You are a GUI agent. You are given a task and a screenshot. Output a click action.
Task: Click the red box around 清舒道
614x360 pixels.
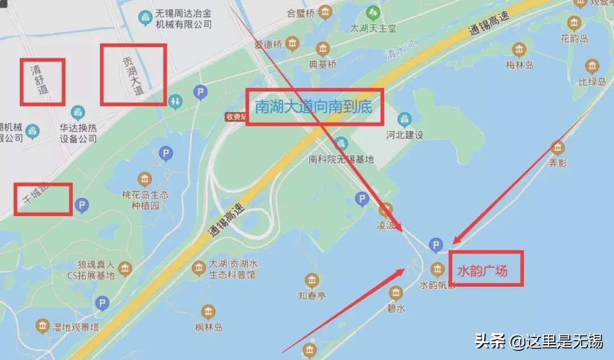(x=43, y=82)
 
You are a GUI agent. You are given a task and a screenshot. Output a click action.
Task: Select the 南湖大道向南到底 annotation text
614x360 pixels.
(x=314, y=107)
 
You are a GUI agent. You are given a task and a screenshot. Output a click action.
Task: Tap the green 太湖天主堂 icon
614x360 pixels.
(x=373, y=12)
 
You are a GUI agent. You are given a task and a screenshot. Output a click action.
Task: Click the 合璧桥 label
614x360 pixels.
(x=300, y=12)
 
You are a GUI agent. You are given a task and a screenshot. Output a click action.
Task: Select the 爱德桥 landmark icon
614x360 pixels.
(x=292, y=43)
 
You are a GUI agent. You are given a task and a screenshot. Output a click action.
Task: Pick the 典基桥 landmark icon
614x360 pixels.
(x=323, y=49)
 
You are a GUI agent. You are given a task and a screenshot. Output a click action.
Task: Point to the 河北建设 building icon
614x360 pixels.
(x=405, y=119)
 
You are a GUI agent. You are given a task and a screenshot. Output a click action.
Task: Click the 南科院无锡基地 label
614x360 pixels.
(x=341, y=159)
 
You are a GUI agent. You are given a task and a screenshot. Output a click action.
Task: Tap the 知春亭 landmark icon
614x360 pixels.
(x=312, y=280)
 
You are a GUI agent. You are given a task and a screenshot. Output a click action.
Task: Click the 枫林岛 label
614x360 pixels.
(x=208, y=327)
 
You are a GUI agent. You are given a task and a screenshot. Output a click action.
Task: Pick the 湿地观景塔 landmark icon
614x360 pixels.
(x=43, y=326)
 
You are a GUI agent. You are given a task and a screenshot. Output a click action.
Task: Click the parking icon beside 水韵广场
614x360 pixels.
(x=435, y=245)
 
